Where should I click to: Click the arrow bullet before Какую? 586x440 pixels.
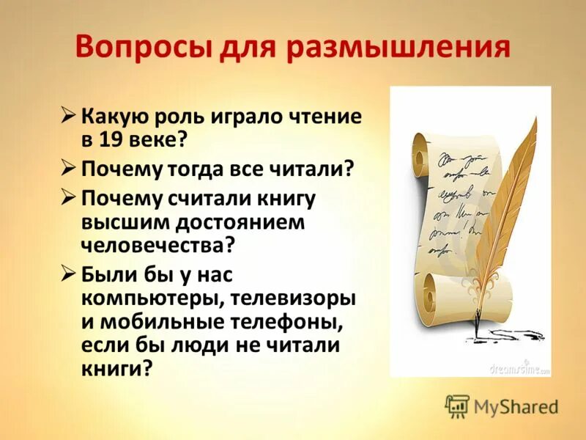pyautogui.click(x=68, y=116)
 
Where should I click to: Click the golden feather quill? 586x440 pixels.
pyautogui.click(x=505, y=198)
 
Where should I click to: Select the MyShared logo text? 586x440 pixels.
pyautogui.click(x=516, y=406)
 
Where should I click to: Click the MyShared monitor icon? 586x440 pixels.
pyautogui.click(x=456, y=406)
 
